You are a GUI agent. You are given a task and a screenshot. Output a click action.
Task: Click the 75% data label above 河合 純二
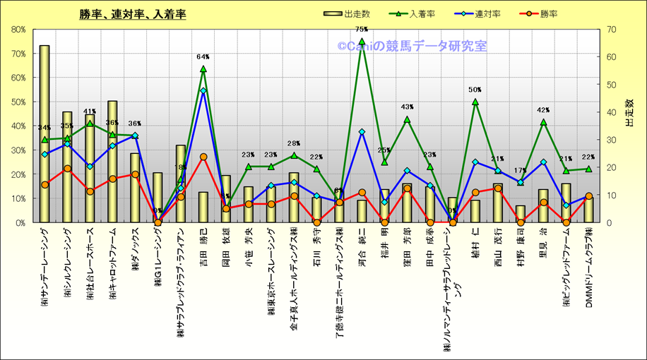pyautogui.click(x=362, y=30)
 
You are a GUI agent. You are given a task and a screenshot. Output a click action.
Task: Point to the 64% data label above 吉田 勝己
pyautogui.click(x=203, y=56)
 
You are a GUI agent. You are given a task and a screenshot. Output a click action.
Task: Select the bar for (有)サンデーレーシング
pyautogui.click(x=44, y=134)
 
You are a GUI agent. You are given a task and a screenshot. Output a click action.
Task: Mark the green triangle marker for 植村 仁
pyautogui.click(x=475, y=102)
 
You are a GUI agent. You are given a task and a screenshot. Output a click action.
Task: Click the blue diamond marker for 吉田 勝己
pyautogui.click(x=203, y=90)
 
